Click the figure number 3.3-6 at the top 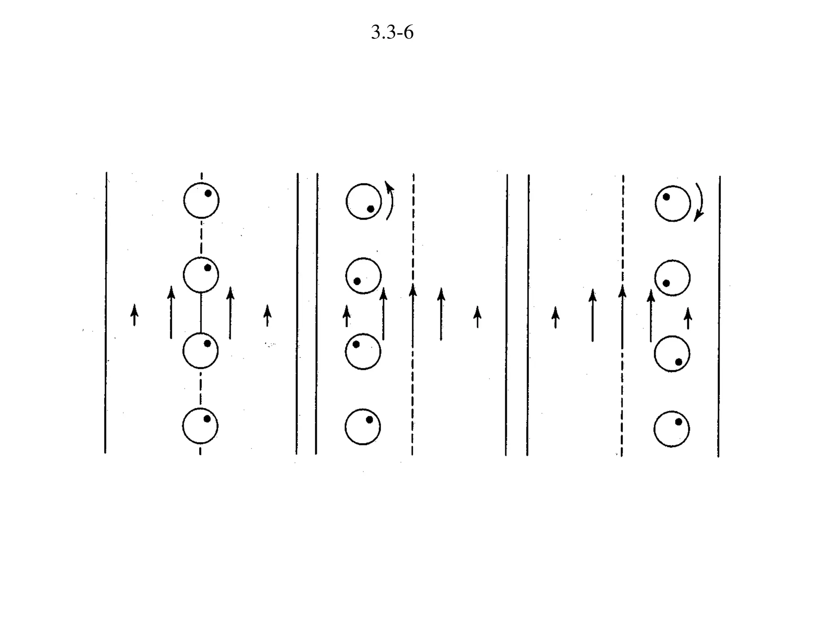392,33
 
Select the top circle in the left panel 201,200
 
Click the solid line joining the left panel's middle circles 201,312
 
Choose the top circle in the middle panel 364,201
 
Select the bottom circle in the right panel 672,429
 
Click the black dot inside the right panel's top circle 666,197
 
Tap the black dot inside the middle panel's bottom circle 369,420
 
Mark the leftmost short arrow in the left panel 134,315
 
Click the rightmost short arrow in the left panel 267,315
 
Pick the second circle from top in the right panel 672,278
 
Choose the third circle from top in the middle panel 363,351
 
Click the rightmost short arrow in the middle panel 478,317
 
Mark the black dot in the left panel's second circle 208,268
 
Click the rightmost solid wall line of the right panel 719,316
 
